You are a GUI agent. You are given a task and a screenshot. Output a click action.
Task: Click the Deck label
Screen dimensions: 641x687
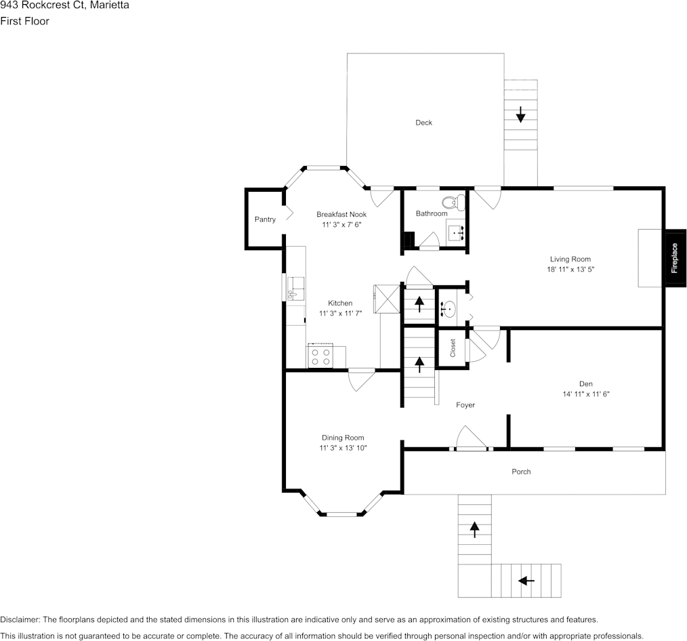click(x=423, y=123)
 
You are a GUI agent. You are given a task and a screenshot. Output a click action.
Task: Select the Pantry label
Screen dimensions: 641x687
click(x=265, y=220)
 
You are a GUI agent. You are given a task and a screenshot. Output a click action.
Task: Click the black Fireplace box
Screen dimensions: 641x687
click(x=675, y=258)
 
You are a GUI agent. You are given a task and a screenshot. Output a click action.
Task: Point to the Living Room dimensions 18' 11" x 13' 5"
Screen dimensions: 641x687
click(x=570, y=269)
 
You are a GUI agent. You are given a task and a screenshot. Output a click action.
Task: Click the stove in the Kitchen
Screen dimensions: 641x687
click(x=322, y=356)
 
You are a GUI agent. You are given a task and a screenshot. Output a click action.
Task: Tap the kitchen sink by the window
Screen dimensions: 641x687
click(x=294, y=288)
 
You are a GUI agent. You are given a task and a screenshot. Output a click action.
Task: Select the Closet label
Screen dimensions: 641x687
click(x=453, y=348)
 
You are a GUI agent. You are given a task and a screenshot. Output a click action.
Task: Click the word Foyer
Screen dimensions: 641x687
click(x=465, y=405)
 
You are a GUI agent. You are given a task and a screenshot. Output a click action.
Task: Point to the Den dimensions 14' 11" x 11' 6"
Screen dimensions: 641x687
click(x=585, y=394)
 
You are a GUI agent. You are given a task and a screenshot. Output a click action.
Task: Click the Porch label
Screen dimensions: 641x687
click(x=521, y=472)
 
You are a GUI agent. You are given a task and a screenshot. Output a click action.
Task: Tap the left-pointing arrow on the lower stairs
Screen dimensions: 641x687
click(x=525, y=580)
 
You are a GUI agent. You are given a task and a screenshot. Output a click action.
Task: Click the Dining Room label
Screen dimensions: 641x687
click(x=343, y=438)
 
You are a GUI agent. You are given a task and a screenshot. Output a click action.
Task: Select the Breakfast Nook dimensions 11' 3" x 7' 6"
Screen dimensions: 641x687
click(x=341, y=224)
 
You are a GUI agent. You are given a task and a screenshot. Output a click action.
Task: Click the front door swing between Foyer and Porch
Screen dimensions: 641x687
click(x=470, y=438)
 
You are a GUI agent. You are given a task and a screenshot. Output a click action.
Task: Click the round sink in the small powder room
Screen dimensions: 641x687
click(x=448, y=310)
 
